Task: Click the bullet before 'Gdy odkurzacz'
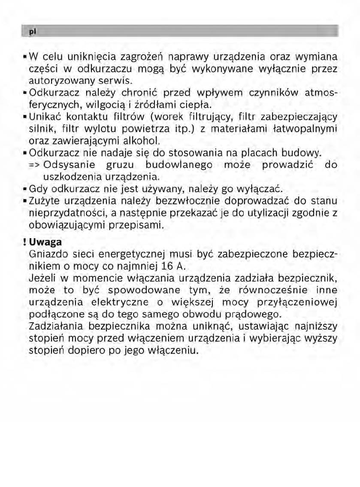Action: coord(25,188)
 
